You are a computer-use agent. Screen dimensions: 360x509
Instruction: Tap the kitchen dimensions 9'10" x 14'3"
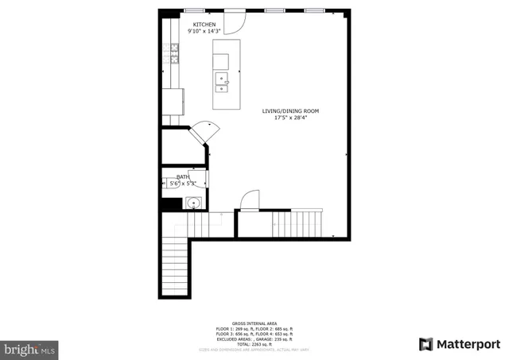[x=204, y=31]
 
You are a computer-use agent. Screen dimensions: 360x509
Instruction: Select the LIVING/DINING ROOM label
[x=290, y=110]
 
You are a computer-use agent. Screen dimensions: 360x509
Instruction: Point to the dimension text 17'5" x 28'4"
[x=290, y=118]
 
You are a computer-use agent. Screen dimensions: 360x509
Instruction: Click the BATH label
[x=183, y=177]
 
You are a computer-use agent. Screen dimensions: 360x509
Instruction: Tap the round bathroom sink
[x=192, y=203]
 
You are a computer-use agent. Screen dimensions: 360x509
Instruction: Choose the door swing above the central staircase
[x=250, y=199]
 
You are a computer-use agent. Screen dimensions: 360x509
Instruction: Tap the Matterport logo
[x=460, y=344]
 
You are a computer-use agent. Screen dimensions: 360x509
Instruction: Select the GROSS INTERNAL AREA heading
[x=254, y=323]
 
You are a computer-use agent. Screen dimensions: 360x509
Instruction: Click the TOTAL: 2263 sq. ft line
[x=254, y=344]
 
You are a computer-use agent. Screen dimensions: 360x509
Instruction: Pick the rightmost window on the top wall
[x=315, y=10]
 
